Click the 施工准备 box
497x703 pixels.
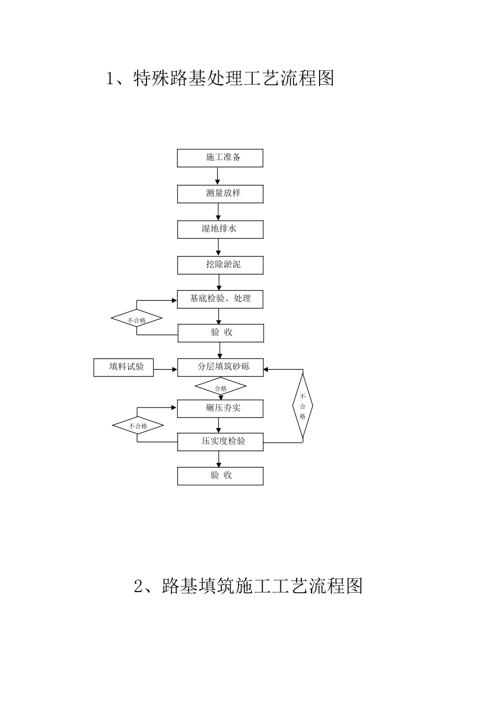pos(220,158)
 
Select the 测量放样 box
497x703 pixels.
pos(220,194)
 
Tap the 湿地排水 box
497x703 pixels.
pos(220,229)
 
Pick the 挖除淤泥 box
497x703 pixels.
pos(220,265)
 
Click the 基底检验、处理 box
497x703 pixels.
pos(220,299)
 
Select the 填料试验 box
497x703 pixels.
pos(124,367)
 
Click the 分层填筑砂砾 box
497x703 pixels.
pos(220,367)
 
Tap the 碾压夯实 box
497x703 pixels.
pos(220,409)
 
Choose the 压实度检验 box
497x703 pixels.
pos(220,441)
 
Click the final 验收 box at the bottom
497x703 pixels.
pos(220,476)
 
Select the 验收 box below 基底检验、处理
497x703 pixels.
pos(220,333)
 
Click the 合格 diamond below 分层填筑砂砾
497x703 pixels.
pos(220,388)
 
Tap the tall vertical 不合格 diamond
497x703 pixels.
pos(302,406)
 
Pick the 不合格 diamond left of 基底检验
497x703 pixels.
pos(137,319)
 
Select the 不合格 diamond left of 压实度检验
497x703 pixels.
pos(138,426)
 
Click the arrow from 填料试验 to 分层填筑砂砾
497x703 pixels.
pos(166,369)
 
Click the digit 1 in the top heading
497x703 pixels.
pos(110,79)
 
